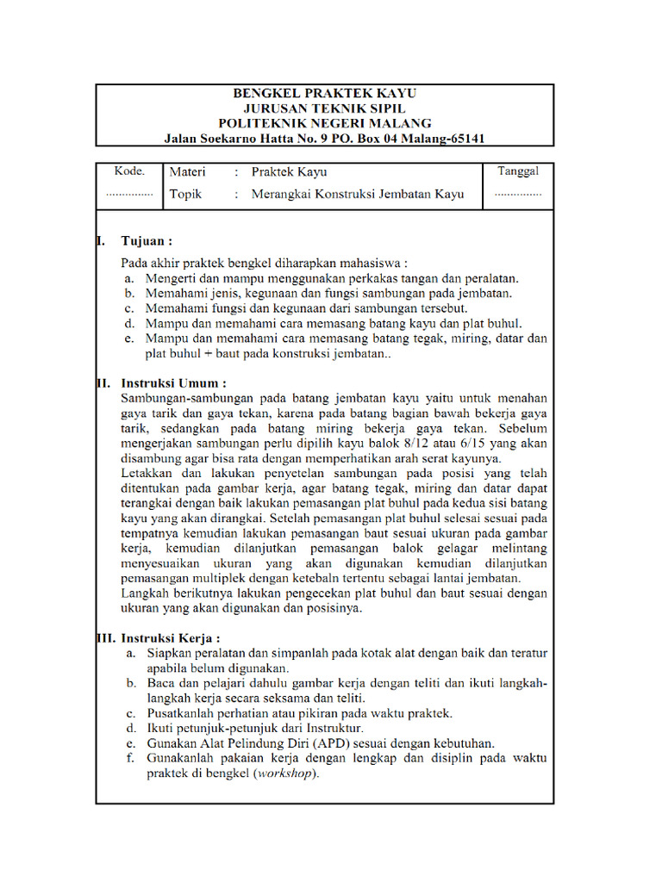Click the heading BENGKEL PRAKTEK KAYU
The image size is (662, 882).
pyautogui.click(x=324, y=93)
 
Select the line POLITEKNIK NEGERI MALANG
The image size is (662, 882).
pyautogui.click(x=324, y=123)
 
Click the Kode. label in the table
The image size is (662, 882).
pyautogui.click(x=129, y=171)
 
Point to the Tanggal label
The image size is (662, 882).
pyautogui.click(x=518, y=171)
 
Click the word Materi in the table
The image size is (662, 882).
pyautogui.click(x=187, y=171)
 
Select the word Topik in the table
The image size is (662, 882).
pyautogui.click(x=185, y=194)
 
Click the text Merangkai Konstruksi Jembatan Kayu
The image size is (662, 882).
pyautogui.click(x=357, y=194)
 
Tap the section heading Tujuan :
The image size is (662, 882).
pyautogui.click(x=147, y=240)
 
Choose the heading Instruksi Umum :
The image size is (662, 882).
pyautogui.click(x=173, y=382)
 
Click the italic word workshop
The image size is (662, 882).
pyautogui.click(x=284, y=773)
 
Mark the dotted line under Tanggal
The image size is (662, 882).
pyautogui.click(x=518, y=195)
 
